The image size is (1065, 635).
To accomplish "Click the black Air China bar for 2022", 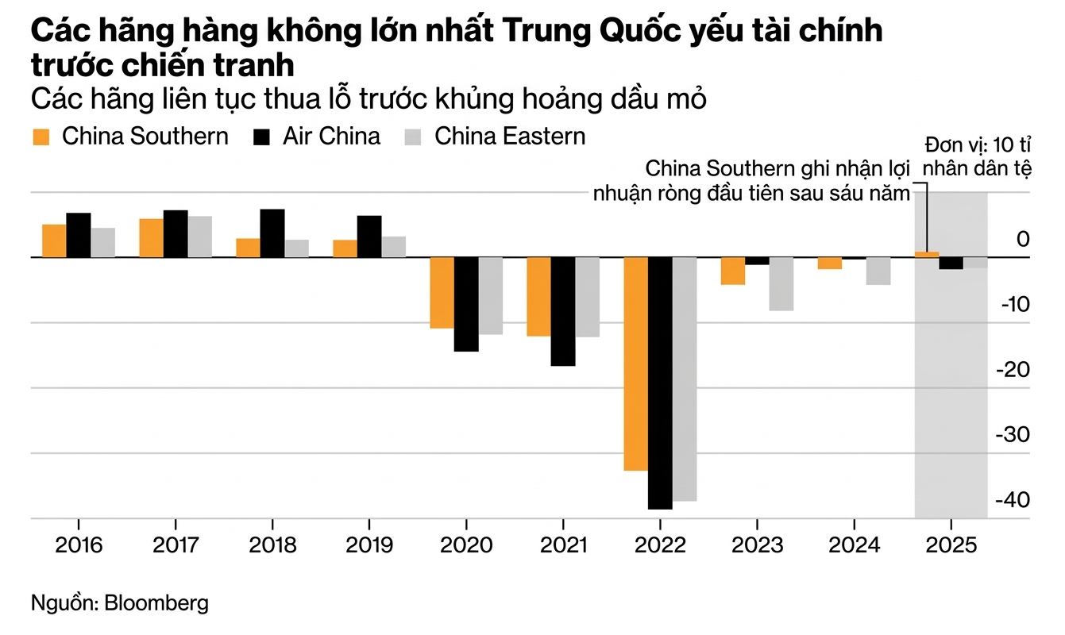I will click(660, 383).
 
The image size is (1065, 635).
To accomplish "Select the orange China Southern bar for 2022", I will click(635, 364).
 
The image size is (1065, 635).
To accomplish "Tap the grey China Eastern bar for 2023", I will click(781, 283).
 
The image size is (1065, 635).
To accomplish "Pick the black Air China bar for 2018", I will click(272, 233).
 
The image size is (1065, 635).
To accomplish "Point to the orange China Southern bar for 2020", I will click(442, 292).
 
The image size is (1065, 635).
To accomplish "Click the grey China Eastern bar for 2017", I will click(200, 237).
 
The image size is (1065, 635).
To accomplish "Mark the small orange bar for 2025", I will click(927, 254).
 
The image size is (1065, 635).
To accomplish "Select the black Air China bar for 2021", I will click(563, 311).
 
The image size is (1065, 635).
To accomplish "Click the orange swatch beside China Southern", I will click(41, 137).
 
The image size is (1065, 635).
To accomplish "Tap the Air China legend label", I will click(331, 136).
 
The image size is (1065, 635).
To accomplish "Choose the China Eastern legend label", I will click(510, 136).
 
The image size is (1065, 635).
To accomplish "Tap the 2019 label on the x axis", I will click(369, 546).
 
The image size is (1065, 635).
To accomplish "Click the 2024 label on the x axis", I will click(854, 546).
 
